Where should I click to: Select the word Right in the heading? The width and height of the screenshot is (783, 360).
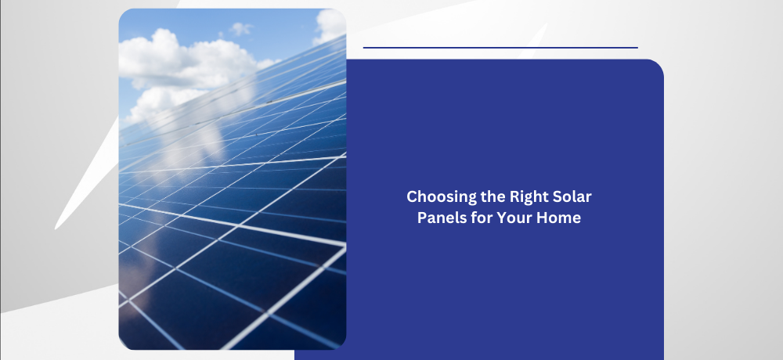[x=529, y=197]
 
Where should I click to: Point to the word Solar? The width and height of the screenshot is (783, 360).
[x=572, y=196]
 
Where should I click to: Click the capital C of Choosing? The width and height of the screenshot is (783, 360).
[x=413, y=196]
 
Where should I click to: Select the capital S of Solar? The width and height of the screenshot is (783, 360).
[x=557, y=196]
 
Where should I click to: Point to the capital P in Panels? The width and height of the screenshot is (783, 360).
[x=423, y=218]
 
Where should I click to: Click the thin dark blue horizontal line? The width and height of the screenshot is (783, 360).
[x=500, y=48]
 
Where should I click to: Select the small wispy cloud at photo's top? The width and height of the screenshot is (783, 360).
[x=240, y=29]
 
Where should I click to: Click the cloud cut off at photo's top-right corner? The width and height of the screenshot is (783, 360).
[x=330, y=25]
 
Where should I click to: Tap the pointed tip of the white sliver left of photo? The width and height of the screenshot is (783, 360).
[x=56, y=229]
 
